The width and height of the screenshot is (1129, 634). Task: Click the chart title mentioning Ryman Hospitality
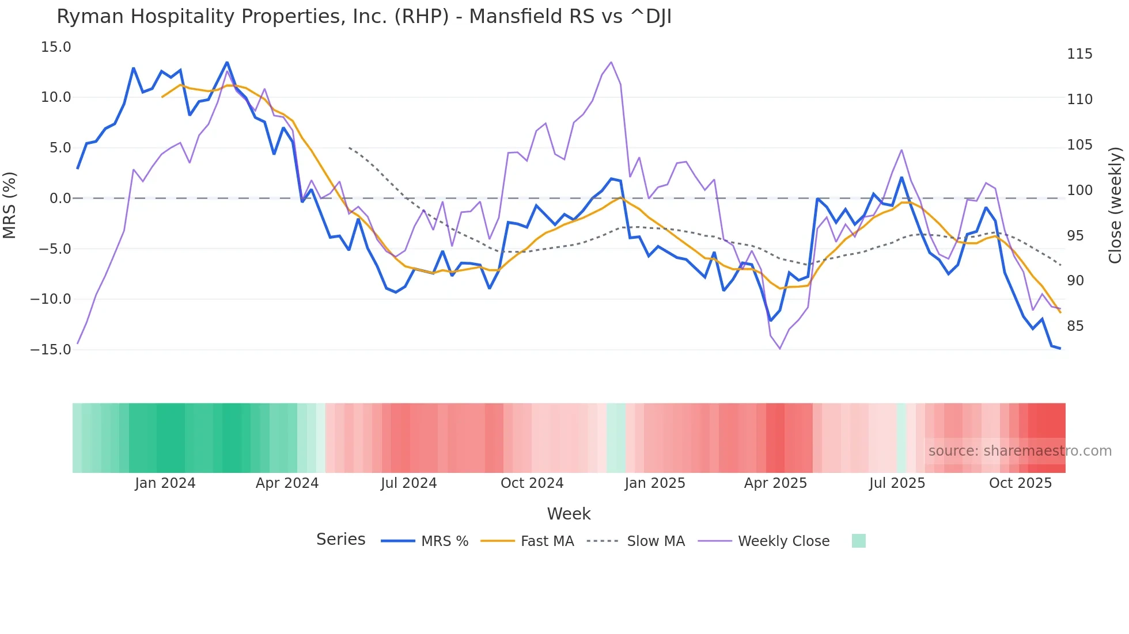364,17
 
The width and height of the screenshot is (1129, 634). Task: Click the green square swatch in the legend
858,541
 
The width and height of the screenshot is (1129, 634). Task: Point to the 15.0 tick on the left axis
56,47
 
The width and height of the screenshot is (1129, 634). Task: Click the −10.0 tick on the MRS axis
51,299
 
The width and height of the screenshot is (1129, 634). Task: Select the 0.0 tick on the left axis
60,198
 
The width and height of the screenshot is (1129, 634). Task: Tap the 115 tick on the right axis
1079,54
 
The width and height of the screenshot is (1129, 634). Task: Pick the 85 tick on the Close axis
1075,326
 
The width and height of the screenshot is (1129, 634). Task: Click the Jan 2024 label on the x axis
165,483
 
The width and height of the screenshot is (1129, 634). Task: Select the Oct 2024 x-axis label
532,483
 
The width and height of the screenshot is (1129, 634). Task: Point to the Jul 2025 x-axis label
897,483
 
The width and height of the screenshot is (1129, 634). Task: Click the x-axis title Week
569,514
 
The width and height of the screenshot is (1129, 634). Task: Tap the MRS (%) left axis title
10,205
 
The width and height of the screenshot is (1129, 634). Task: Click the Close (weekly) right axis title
1115,205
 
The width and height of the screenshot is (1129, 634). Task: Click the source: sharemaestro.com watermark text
1020,451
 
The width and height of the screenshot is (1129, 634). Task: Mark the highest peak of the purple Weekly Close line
611,62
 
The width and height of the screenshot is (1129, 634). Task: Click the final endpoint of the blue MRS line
1060,348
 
